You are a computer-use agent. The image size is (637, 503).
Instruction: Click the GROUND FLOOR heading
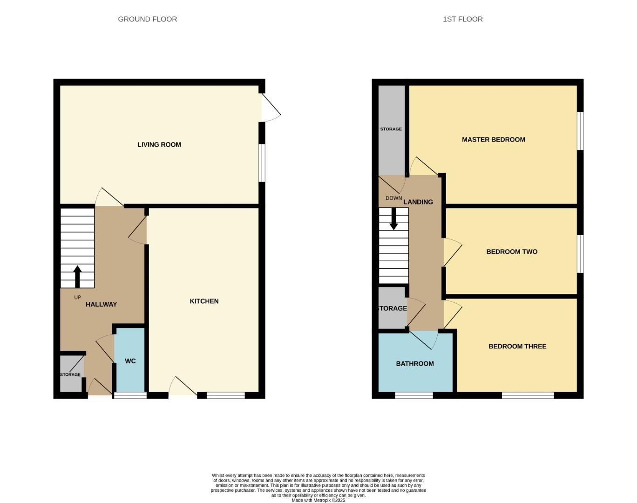pyautogui.click(x=147, y=19)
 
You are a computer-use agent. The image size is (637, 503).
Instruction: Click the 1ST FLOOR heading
pyautogui.click(x=462, y=19)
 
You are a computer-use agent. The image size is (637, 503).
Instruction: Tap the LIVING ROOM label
pyautogui.click(x=159, y=144)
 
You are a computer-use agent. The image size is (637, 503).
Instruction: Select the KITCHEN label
pyautogui.click(x=204, y=301)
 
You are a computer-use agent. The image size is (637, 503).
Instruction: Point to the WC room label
pyautogui.click(x=130, y=361)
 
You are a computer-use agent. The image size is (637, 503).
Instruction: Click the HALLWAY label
pyautogui.click(x=101, y=305)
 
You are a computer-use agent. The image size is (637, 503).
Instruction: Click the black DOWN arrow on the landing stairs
pyautogui.click(x=393, y=219)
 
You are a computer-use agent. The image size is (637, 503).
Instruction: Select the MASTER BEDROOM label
pyautogui.click(x=493, y=140)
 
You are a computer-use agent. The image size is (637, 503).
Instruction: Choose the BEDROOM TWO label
pyautogui.click(x=512, y=252)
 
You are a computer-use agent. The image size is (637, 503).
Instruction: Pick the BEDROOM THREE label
pyautogui.click(x=517, y=347)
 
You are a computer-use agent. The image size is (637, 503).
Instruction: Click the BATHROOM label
pyautogui.click(x=414, y=364)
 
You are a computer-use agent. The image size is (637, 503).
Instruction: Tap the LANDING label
pyautogui.click(x=418, y=202)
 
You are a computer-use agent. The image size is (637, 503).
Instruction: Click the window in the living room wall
pyautogui.click(x=262, y=163)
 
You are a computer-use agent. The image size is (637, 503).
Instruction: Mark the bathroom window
pyautogui.click(x=414, y=395)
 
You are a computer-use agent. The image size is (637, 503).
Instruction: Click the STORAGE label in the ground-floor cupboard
pyautogui.click(x=70, y=374)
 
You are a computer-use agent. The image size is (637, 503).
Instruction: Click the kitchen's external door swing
pyautogui.click(x=183, y=387)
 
